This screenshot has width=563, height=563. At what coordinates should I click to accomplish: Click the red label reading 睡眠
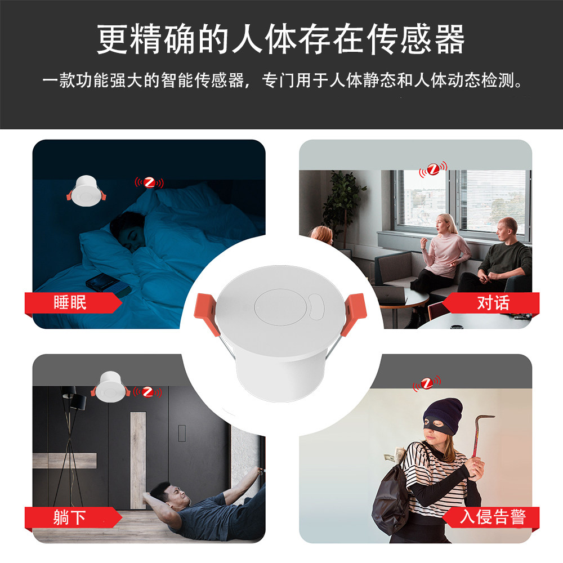(x=70, y=303)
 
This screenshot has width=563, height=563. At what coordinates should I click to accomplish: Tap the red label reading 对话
(x=493, y=303)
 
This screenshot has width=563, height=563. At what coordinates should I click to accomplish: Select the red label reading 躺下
(x=70, y=517)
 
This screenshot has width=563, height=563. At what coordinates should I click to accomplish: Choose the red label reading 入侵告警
(x=493, y=517)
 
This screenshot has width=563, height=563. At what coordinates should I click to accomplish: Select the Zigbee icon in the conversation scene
(x=432, y=168)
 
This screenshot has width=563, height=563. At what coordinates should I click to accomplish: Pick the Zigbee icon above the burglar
(x=427, y=384)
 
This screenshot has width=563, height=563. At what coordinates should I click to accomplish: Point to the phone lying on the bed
(x=107, y=283)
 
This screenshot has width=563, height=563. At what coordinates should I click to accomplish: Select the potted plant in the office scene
(x=343, y=203)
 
